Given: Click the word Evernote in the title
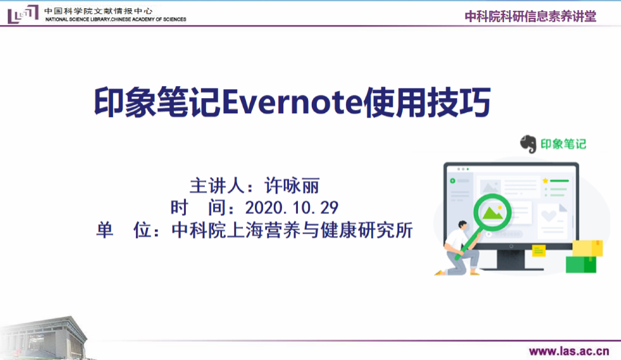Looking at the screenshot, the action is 292,102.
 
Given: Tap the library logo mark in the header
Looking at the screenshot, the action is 23,14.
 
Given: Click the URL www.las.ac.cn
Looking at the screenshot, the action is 569,351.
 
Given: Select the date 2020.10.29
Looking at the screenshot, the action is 292,208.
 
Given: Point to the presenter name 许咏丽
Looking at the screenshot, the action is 292,186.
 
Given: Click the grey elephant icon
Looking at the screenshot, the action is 528,144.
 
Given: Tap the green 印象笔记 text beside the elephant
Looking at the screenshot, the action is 563,144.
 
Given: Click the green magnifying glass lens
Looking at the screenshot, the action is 492,213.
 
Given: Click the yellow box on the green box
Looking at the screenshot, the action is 587,248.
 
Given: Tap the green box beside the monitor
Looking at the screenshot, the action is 581,264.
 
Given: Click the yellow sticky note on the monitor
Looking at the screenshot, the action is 539,251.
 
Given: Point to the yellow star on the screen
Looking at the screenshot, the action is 545,180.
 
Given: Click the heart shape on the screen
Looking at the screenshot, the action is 548,216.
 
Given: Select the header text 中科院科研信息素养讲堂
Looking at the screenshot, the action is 531,16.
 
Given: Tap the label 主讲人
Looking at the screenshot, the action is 217,186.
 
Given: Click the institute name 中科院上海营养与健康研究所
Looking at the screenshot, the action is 292,230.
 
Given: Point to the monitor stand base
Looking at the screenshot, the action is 511,268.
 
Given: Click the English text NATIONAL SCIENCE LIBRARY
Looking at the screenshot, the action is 77,20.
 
